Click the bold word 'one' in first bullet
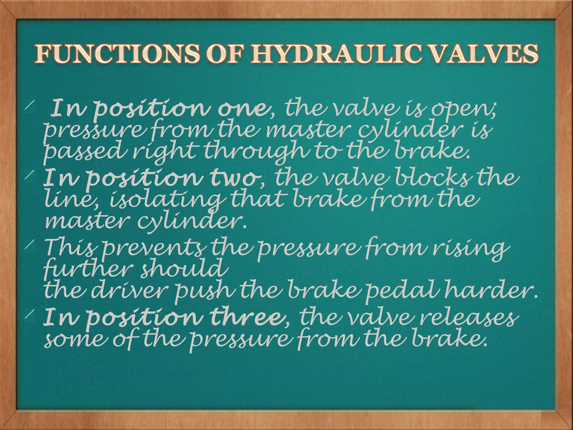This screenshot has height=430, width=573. (x=243, y=109)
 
